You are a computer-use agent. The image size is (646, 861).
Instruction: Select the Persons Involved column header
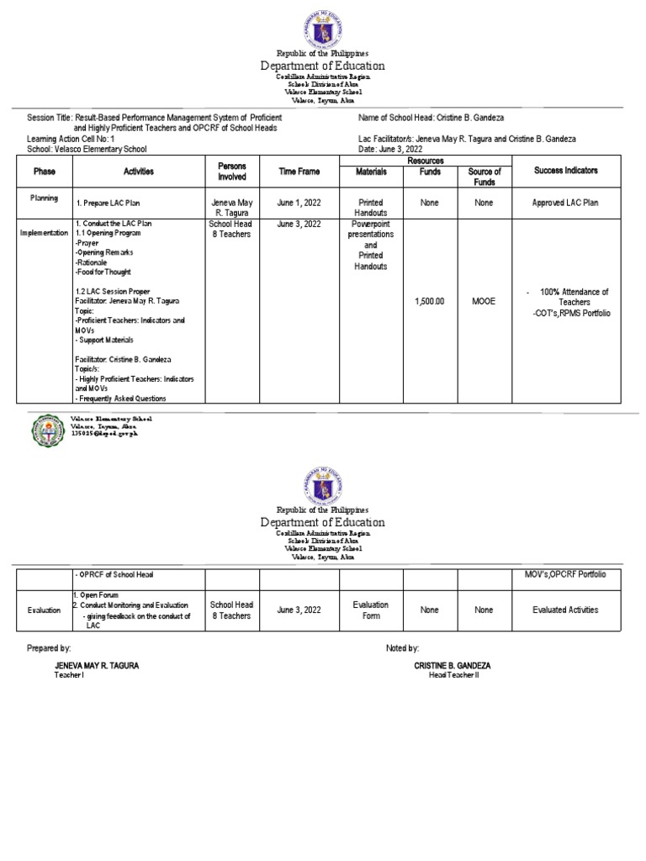pyautogui.click(x=231, y=171)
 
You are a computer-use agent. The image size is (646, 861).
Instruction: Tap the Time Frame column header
pyautogui.click(x=299, y=171)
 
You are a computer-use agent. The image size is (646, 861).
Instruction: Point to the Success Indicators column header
pyautogui.click(x=565, y=171)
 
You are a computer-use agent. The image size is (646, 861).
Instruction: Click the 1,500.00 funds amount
pyautogui.click(x=429, y=298)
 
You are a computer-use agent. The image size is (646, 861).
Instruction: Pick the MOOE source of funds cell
pyautogui.click(x=484, y=298)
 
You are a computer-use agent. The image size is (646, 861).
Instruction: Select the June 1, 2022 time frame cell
pyautogui.click(x=299, y=203)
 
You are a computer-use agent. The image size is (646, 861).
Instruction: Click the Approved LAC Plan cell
pyautogui.click(x=565, y=203)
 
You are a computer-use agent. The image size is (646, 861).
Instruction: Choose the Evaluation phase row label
pyautogui.click(x=44, y=610)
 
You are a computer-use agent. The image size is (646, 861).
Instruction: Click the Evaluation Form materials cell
pyautogui.click(x=370, y=610)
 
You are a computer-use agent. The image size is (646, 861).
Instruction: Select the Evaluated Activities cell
pyautogui.click(x=565, y=610)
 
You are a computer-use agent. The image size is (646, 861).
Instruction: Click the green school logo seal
pyautogui.click(x=47, y=430)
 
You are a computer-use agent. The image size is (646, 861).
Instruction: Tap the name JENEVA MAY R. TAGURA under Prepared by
pyautogui.click(x=97, y=665)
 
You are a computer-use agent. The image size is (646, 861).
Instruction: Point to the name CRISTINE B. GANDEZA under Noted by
pyautogui.click(x=453, y=665)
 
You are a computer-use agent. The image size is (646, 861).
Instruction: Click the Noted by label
pyautogui.click(x=402, y=648)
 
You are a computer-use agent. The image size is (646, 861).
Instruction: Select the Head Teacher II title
pyautogui.click(x=453, y=675)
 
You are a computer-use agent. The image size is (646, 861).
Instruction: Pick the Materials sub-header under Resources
pyautogui.click(x=370, y=172)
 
